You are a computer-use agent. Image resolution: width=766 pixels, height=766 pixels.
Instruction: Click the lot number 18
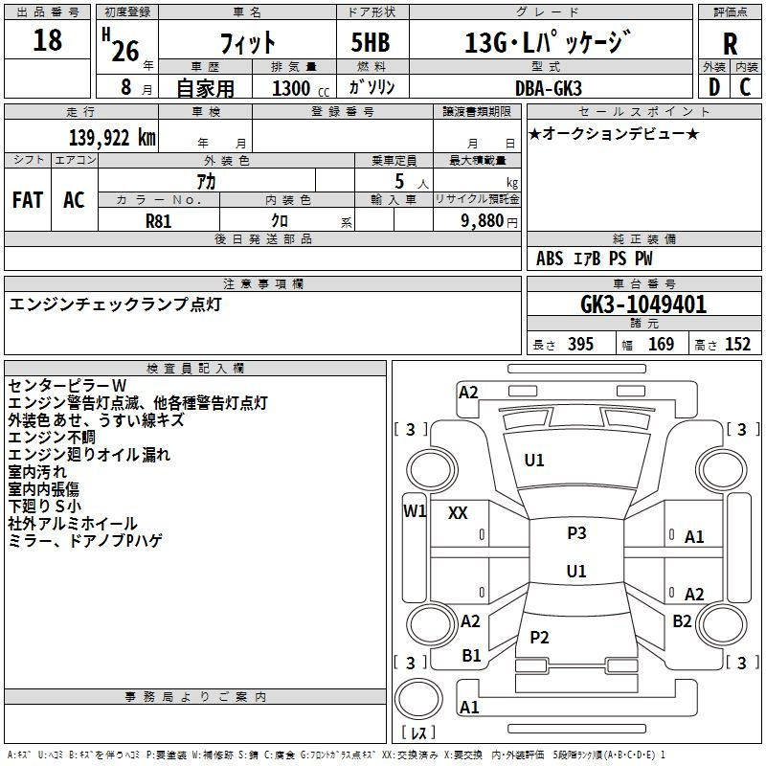47,41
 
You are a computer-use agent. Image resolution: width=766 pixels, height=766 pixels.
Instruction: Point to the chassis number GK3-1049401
643,304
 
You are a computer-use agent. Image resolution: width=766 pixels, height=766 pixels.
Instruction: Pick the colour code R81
158,219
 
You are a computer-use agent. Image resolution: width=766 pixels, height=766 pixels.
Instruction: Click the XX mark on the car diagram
458,513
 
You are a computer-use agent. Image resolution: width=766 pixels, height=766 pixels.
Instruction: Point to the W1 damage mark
414,510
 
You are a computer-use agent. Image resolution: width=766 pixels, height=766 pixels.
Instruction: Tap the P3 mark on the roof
576,533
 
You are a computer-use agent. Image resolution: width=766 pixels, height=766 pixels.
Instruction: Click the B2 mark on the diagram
682,620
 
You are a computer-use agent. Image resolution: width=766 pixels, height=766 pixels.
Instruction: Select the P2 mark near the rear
539,637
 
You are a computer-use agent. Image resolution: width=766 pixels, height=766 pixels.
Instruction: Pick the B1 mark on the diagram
471,655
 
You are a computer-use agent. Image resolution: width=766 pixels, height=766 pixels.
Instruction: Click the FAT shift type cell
27,199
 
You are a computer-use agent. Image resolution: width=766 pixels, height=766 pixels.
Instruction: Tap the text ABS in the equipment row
550,259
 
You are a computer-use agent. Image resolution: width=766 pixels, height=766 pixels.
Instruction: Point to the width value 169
661,345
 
